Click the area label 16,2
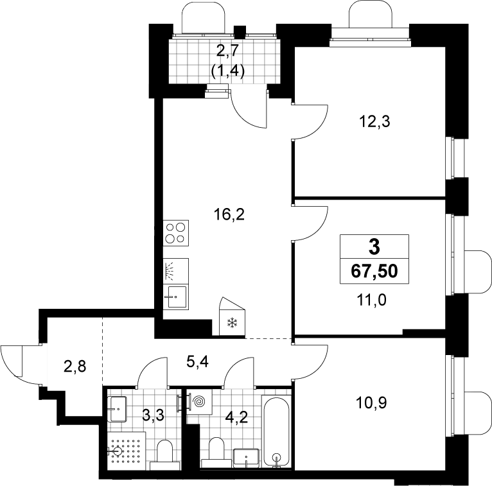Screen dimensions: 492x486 click(x=229, y=215)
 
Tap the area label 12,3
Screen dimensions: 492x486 click(x=374, y=121)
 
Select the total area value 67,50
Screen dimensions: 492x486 click(x=374, y=271)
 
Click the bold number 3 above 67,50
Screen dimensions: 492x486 click(x=374, y=247)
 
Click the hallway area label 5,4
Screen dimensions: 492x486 click(x=198, y=363)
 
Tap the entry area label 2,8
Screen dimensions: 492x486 click(x=75, y=366)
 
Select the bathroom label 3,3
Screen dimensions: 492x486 click(x=153, y=417)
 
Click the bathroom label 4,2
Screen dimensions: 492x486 click(x=237, y=417)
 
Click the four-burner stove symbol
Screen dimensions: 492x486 click(x=176, y=233)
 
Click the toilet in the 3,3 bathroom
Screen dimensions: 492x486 click(x=164, y=455)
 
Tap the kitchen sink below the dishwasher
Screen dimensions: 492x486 click(x=176, y=297)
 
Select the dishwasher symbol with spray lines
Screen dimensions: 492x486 click(x=176, y=271)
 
